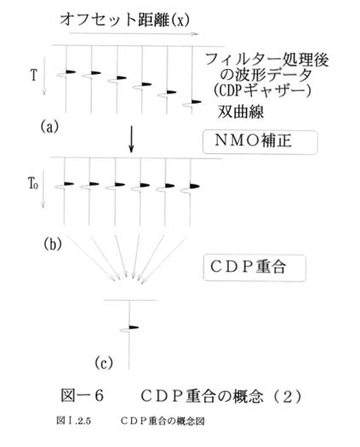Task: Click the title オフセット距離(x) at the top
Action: [x=124, y=20]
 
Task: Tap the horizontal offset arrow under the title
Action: [x=134, y=33]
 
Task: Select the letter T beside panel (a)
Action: [x=34, y=75]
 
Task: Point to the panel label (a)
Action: [x=49, y=126]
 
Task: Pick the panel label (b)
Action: [x=53, y=244]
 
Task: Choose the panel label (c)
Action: [x=104, y=363]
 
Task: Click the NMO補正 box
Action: [x=260, y=142]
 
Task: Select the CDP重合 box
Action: [x=254, y=267]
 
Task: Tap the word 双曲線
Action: [x=241, y=112]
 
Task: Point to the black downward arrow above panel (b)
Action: [x=131, y=139]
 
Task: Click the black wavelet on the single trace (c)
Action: [x=134, y=327]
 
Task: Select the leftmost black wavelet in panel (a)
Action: [x=71, y=72]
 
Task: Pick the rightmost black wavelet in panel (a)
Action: [x=197, y=101]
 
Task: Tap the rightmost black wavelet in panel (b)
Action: [x=194, y=186]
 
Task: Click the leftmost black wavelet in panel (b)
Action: [x=69, y=184]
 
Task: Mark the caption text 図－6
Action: [x=82, y=396]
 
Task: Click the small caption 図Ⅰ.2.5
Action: [x=73, y=421]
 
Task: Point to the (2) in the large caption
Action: [x=288, y=396]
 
